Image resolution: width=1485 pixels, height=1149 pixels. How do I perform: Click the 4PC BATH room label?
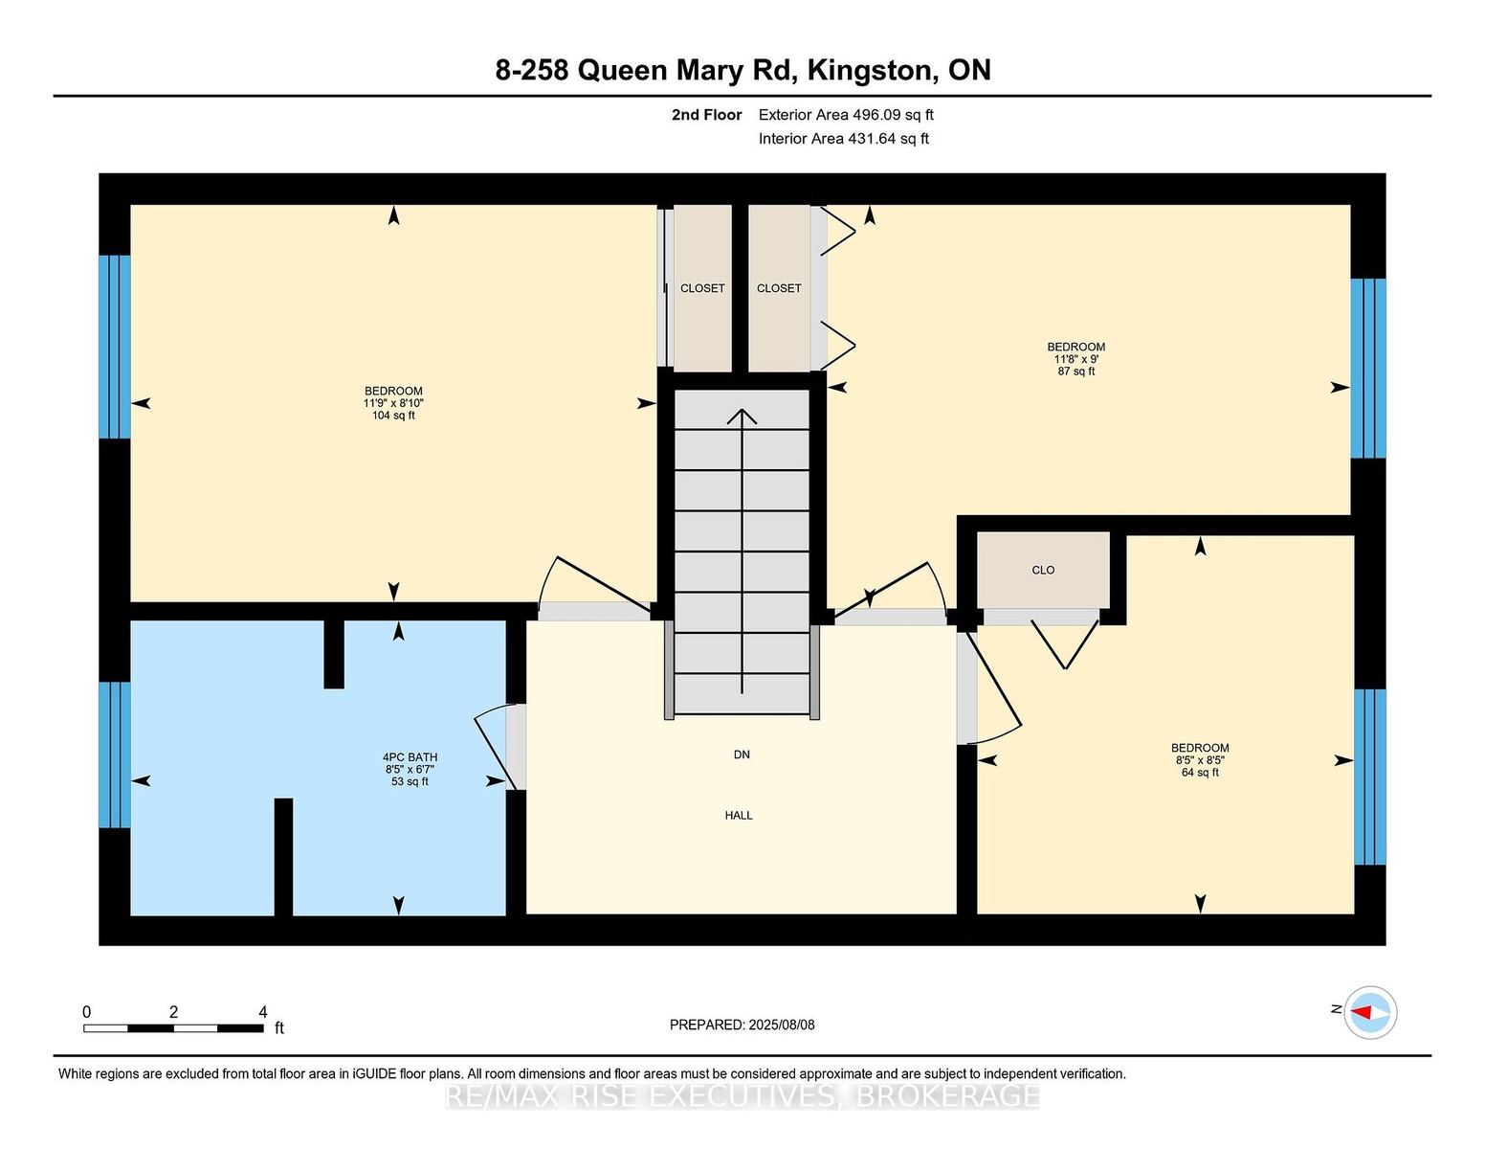pyautogui.click(x=410, y=757)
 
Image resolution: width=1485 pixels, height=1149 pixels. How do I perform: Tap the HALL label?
pyautogui.click(x=738, y=816)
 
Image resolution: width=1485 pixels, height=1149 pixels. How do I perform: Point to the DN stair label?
pyautogui.click(x=742, y=755)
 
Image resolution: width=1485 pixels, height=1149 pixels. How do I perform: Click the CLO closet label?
pyautogui.click(x=1043, y=570)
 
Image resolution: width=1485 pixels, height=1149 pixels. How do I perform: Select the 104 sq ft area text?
pyautogui.click(x=393, y=416)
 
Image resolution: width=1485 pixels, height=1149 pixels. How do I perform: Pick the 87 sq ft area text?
pyautogui.click(x=1076, y=372)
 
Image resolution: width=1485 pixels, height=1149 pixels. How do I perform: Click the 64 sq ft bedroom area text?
pyautogui.click(x=1200, y=773)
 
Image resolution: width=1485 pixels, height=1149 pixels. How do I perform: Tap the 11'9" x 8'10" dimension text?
pyautogui.click(x=393, y=403)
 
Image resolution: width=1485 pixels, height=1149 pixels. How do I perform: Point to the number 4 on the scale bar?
pyautogui.click(x=263, y=1012)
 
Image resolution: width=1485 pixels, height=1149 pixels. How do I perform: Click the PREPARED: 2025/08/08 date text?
pyautogui.click(x=742, y=1025)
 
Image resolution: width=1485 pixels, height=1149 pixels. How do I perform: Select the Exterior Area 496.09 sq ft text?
pyautogui.click(x=846, y=115)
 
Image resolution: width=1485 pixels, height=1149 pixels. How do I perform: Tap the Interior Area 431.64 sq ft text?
pyautogui.click(x=844, y=139)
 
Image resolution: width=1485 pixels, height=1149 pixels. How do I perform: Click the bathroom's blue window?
pyautogui.click(x=115, y=755)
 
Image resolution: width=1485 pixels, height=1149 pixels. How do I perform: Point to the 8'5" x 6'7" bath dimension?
pyautogui.click(x=410, y=770)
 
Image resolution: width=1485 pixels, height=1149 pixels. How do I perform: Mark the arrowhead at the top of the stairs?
pyautogui.click(x=742, y=416)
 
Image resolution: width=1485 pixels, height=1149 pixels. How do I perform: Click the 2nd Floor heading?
pyautogui.click(x=707, y=115)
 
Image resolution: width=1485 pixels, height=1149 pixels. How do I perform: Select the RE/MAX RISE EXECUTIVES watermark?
pyautogui.click(x=742, y=1095)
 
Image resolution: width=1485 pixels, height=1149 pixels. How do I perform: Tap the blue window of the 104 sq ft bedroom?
pyautogui.click(x=115, y=347)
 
